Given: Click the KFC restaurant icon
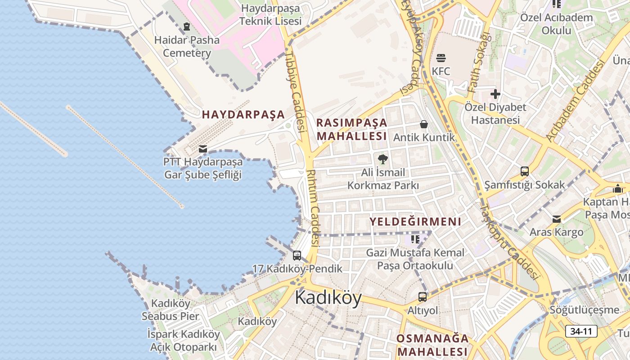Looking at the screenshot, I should click(441, 58).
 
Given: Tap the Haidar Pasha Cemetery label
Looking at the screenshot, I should click(187, 46).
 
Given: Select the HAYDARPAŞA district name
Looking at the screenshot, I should click(243, 115).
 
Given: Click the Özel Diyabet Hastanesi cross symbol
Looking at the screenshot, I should click(495, 94).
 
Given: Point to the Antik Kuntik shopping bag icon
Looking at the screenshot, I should click(423, 124).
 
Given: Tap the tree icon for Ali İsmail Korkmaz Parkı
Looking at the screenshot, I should click(382, 159).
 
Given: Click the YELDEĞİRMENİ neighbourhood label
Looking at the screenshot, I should click(415, 221).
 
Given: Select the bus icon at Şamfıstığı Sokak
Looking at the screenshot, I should click(525, 171).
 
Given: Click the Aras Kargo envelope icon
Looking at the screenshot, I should click(557, 219).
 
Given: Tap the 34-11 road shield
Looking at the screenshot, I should click(581, 332).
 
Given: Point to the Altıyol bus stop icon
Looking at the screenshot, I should click(422, 297).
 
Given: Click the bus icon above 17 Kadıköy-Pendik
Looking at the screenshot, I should click(297, 256).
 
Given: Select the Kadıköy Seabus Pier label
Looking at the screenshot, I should click(171, 310).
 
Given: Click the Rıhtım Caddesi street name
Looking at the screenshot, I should click(312, 207).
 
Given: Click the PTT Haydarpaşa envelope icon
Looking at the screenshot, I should click(203, 148).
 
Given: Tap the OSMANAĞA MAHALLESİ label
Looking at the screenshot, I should click(432, 345).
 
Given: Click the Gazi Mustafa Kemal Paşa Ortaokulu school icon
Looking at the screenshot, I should click(415, 239).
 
